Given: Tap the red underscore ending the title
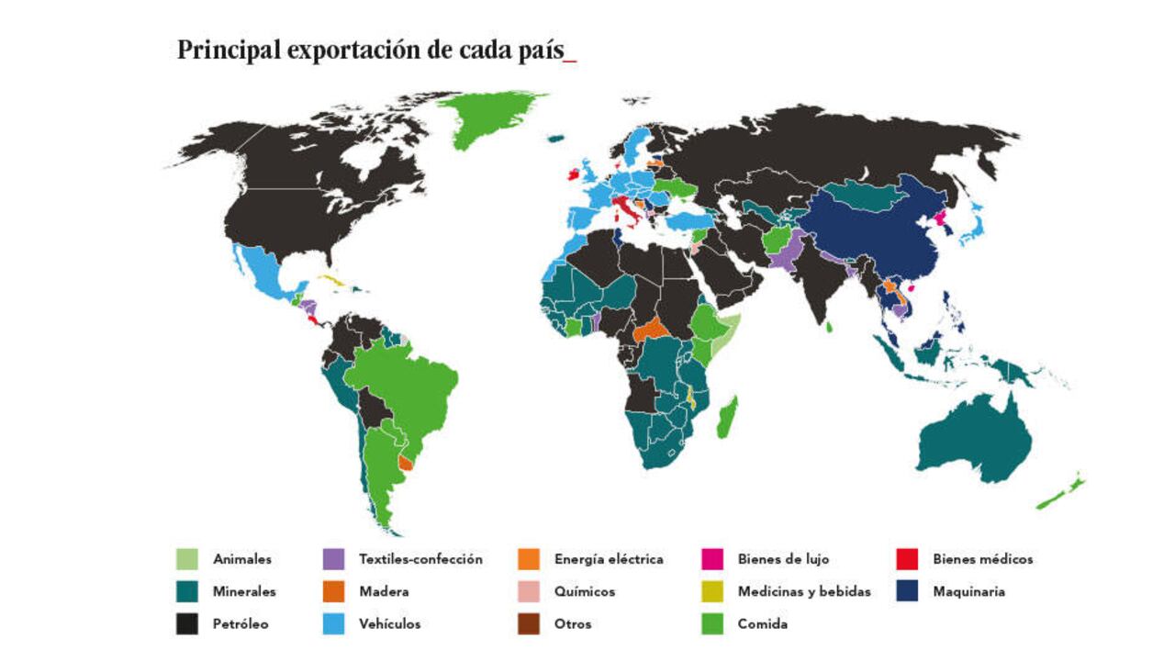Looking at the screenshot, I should coord(570,59).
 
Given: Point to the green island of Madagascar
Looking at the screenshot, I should coord(725,417).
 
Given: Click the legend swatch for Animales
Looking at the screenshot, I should coord(187,559).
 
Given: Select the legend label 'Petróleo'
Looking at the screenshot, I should coord(241,624).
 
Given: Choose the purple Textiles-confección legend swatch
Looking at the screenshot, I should coord(334,559).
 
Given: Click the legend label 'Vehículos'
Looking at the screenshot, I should coord(389,624).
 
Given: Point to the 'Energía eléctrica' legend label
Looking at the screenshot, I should coord(608,559).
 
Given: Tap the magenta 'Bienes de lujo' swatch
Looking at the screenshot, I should coord(712,559).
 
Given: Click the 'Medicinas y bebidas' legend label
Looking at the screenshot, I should coord(803,592).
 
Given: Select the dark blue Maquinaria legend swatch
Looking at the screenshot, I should coord(907,592).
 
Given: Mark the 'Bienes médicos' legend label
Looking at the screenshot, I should coord(982,559).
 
